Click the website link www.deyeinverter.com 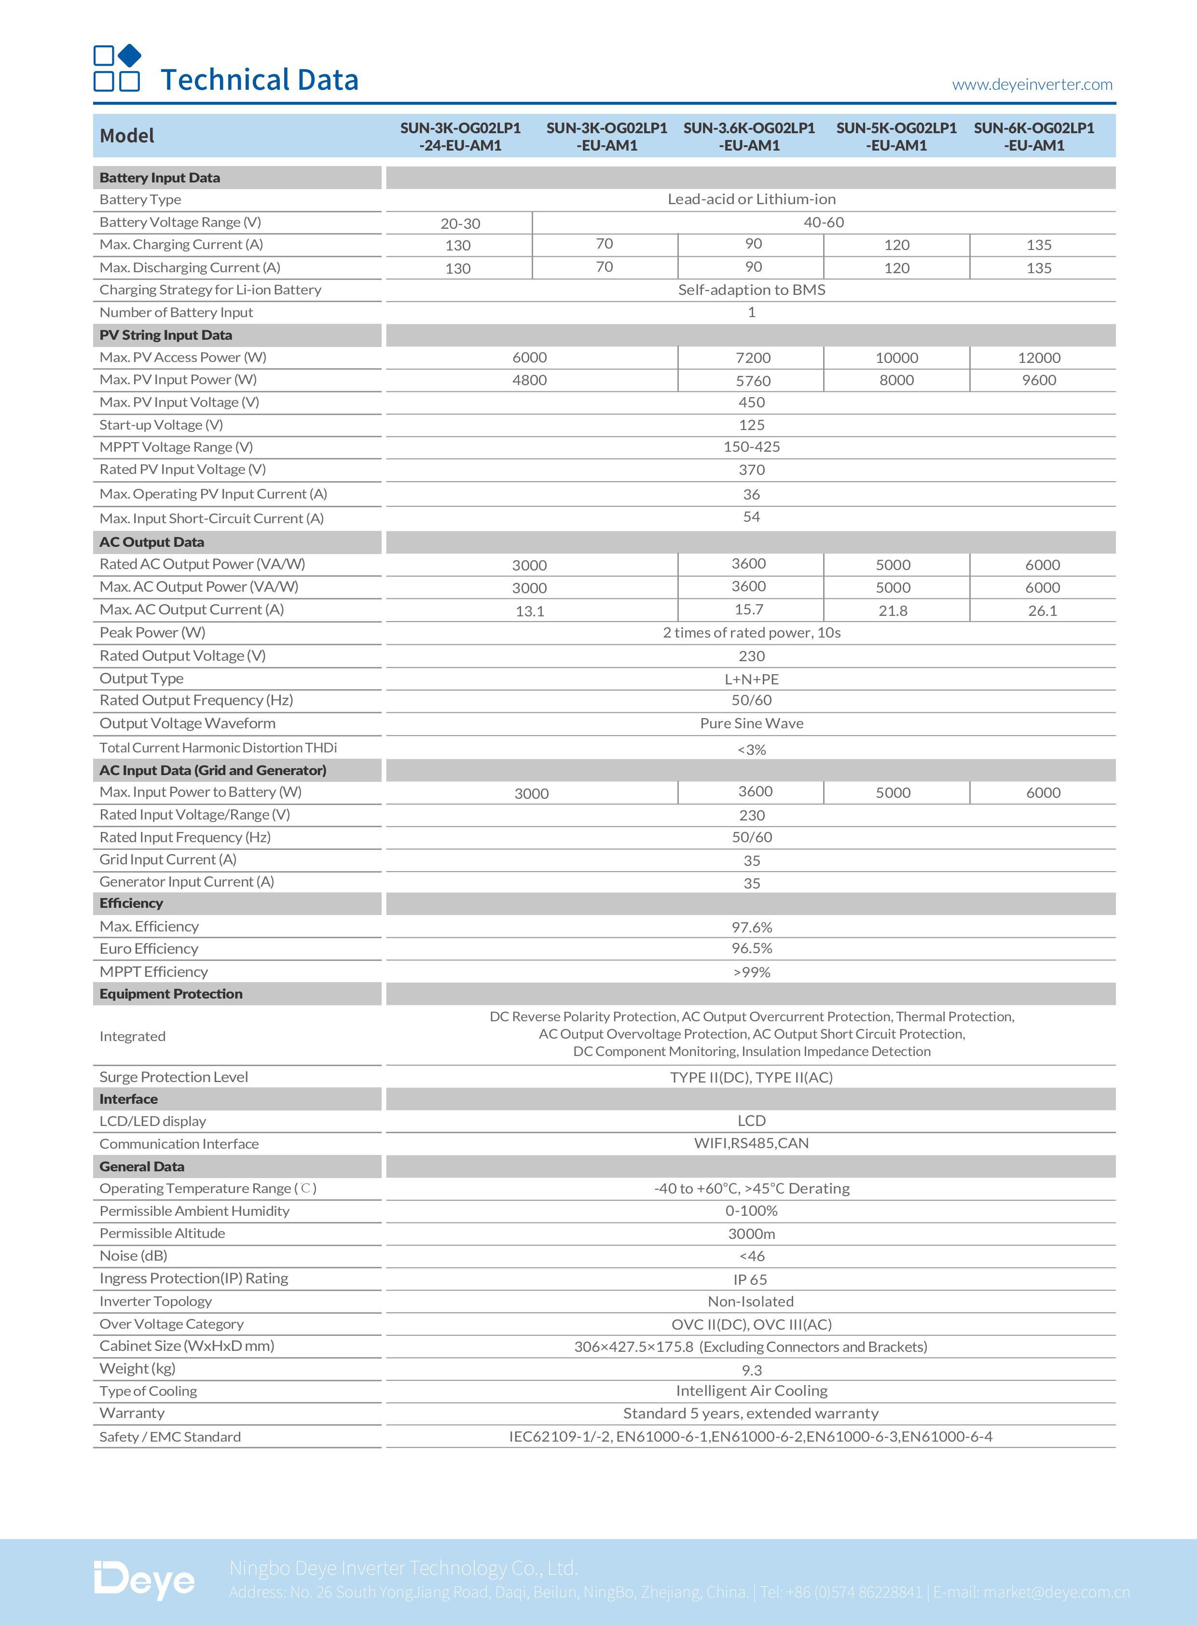pyautogui.click(x=1032, y=85)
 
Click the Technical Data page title pyautogui.click(x=260, y=80)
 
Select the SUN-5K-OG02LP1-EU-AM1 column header pyautogui.click(x=896, y=136)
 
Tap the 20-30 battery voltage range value pyautogui.click(x=460, y=223)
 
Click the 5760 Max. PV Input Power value pyautogui.click(x=753, y=380)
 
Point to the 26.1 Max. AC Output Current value pyautogui.click(x=1043, y=611)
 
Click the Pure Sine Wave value pyautogui.click(x=751, y=723)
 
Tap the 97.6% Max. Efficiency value pyautogui.click(x=751, y=927)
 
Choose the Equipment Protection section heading pyautogui.click(x=171, y=994)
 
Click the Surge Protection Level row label pyautogui.click(x=174, y=1077)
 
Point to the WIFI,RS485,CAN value pyautogui.click(x=751, y=1143)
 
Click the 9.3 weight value pyautogui.click(x=751, y=1370)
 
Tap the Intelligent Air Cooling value pyautogui.click(x=751, y=1391)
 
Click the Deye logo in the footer pyautogui.click(x=144, y=1580)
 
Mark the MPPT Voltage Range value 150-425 pyautogui.click(x=751, y=447)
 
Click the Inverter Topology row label pyautogui.click(x=156, y=1302)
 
